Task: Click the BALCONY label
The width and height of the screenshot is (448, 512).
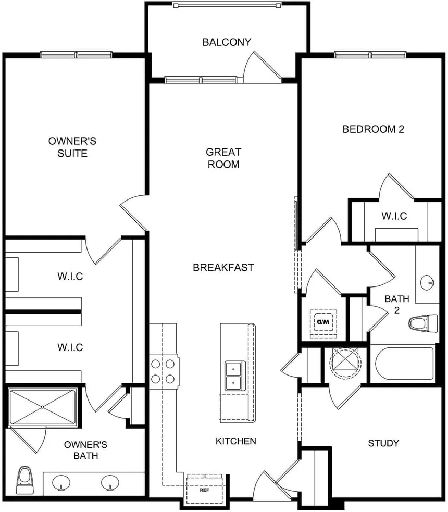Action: pyautogui.click(x=227, y=42)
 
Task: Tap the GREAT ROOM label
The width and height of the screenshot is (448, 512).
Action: pyautogui.click(x=223, y=158)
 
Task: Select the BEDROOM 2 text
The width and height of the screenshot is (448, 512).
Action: pyautogui.click(x=373, y=129)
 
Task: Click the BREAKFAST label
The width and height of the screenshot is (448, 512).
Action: pyautogui.click(x=223, y=268)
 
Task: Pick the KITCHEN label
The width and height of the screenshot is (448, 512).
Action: pyautogui.click(x=236, y=441)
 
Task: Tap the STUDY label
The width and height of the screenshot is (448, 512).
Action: pyautogui.click(x=383, y=443)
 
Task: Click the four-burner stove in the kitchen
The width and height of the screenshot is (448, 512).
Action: pyautogui.click(x=164, y=370)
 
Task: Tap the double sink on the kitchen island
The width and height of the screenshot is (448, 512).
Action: pyautogui.click(x=234, y=376)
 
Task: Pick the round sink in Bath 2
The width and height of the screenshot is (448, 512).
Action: pyautogui.click(x=428, y=283)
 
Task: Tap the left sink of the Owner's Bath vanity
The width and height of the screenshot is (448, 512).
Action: pyautogui.click(x=61, y=482)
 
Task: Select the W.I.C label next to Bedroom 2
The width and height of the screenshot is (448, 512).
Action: pyautogui.click(x=394, y=216)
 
